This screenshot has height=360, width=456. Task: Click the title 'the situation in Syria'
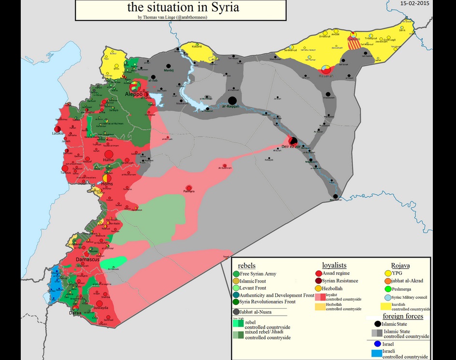183,8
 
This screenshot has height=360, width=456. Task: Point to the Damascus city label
87,260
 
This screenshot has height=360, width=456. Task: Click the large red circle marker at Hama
109,156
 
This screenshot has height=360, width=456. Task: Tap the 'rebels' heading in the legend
246,265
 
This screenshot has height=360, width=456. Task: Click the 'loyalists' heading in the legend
334,265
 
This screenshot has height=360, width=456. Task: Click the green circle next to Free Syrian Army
236,274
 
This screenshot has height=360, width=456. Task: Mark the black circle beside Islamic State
377,324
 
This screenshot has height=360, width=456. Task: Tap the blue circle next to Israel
377,344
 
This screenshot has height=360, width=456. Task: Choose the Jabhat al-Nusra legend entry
257,312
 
